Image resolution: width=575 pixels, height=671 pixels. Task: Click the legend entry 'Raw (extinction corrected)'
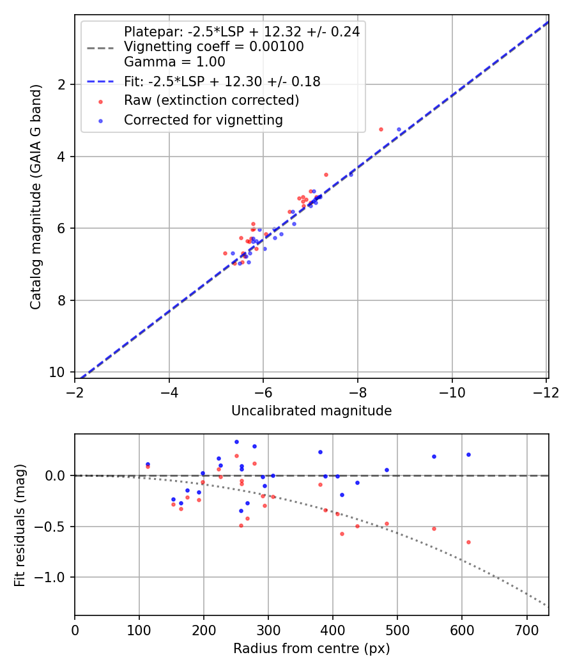point(211,100)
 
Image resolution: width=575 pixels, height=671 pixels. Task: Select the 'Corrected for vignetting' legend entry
point(203,120)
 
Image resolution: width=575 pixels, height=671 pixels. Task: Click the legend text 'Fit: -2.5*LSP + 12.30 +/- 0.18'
point(222,81)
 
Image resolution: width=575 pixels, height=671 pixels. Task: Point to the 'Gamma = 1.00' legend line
point(174,62)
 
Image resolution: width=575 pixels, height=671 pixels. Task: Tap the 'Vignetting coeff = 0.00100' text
point(213,47)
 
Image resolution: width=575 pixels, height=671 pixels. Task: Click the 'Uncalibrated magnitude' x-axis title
point(311,411)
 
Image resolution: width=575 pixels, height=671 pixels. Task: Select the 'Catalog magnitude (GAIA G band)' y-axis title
point(36,197)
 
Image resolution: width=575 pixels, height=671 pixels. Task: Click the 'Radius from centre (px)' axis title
point(311,649)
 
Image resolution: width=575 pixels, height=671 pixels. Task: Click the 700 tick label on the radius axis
point(526,629)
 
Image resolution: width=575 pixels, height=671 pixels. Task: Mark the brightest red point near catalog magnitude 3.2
point(381,129)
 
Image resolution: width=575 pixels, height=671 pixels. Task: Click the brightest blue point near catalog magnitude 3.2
point(399,129)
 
